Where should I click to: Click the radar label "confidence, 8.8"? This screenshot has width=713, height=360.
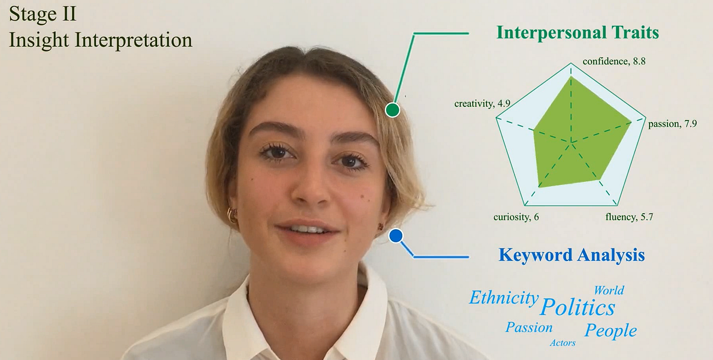[x=614, y=61]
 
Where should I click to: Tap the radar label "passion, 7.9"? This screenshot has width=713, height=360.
[x=673, y=124]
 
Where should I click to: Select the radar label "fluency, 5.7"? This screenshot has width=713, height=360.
[x=629, y=217]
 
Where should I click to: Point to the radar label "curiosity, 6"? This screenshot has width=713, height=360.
[x=516, y=217]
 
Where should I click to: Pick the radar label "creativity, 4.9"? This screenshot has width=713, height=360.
[x=482, y=104]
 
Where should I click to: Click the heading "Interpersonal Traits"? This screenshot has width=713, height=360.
[x=577, y=32]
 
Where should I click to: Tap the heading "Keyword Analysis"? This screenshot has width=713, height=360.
[x=571, y=254]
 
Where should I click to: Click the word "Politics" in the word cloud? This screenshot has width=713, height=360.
[x=577, y=307]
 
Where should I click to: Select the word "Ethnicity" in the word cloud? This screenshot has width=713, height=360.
[x=503, y=298]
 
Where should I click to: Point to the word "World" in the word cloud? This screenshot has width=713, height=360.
[x=609, y=290]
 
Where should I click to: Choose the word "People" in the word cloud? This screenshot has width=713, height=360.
[x=610, y=331]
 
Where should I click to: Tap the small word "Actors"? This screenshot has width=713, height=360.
[x=562, y=343]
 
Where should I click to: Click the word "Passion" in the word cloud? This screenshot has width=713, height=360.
[x=529, y=327]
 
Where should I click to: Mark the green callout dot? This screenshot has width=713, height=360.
[x=392, y=110]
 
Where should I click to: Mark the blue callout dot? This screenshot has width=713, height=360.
[x=396, y=236]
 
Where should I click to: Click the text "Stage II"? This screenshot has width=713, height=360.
[x=43, y=14]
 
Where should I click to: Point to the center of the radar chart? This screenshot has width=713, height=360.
[x=571, y=142]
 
